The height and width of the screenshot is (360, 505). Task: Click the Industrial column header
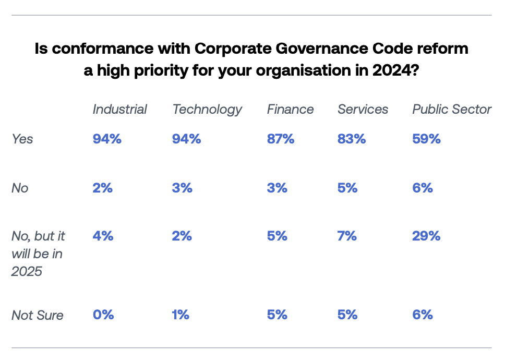(119, 109)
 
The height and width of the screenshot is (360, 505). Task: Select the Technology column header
(207, 109)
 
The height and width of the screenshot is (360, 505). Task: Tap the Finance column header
(290, 109)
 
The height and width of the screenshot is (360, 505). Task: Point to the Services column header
(363, 109)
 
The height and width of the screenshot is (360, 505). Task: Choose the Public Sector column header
(452, 109)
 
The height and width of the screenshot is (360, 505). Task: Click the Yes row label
(22, 139)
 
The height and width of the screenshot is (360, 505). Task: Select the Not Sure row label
(38, 315)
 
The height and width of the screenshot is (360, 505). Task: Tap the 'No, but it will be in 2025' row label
(38, 254)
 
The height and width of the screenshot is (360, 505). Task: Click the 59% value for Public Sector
(426, 139)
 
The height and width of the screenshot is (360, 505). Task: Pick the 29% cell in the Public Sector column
(426, 236)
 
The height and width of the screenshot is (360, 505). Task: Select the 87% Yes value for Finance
(281, 139)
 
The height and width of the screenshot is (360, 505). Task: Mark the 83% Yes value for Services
(352, 139)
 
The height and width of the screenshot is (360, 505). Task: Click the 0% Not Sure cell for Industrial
(103, 315)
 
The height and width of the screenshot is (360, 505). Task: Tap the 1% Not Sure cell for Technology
(181, 315)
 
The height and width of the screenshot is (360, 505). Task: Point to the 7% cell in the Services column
(347, 236)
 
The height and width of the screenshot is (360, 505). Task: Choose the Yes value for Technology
(186, 139)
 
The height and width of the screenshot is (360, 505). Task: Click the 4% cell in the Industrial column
(103, 236)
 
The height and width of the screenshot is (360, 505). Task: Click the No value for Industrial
(103, 188)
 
